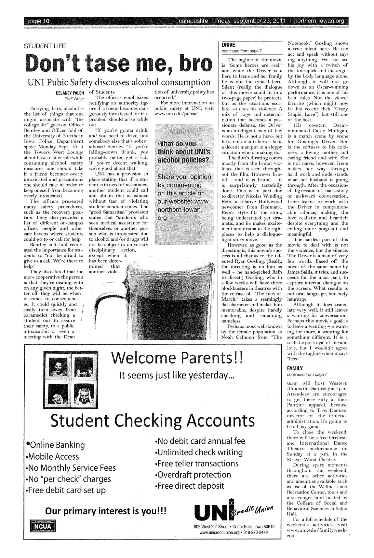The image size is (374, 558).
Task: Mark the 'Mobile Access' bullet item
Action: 52,456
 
